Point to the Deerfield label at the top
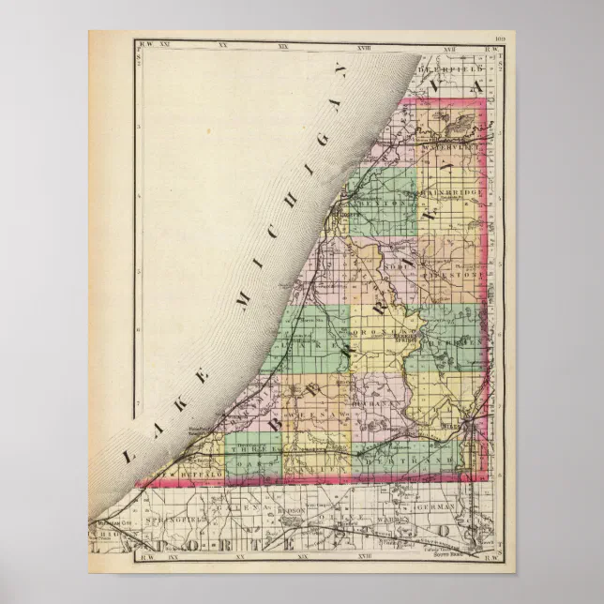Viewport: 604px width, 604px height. pos(452,69)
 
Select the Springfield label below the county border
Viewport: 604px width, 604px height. pos(152,516)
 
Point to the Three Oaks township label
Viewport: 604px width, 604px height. pos(249,451)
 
